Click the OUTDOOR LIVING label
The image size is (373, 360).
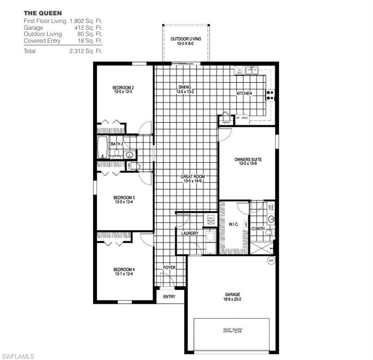[185, 39]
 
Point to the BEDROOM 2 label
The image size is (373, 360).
[123, 88]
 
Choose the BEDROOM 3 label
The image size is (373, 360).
[124, 197]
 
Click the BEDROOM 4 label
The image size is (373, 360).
[124, 269]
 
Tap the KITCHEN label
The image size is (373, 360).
[244, 93]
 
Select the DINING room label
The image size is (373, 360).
[184, 87]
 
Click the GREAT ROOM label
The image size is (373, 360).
[193, 177]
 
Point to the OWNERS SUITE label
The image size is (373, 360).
[248, 159]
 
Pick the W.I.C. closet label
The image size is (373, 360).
[234, 225]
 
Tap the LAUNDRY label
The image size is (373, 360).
[190, 233]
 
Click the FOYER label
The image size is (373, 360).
[169, 267]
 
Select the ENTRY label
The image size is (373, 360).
[169, 297]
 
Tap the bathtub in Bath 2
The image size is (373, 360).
[102, 148]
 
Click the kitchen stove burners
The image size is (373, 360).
[270, 95]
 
